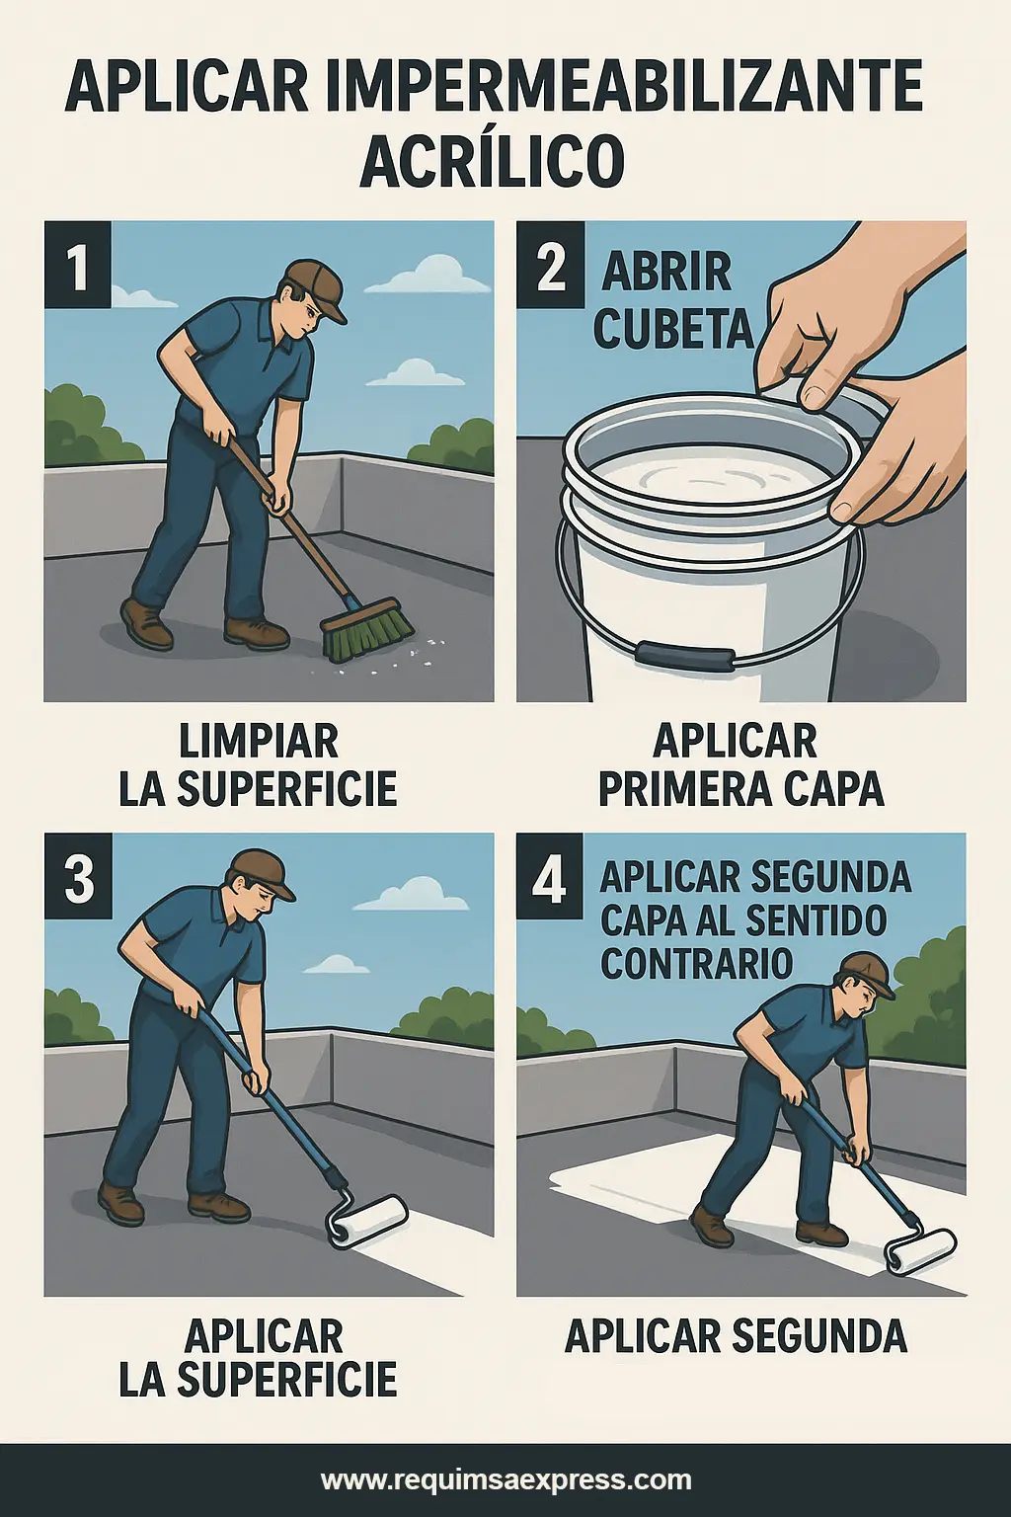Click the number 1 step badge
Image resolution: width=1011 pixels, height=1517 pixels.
pos(77,266)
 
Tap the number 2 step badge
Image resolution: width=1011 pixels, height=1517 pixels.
pos(550,266)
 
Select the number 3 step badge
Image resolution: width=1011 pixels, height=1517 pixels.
pos(77,877)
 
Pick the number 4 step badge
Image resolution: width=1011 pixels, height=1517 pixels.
pos(550,877)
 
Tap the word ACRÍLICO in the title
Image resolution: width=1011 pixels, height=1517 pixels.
pos(492,162)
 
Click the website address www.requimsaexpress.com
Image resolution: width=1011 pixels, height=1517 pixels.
pos(505,1479)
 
